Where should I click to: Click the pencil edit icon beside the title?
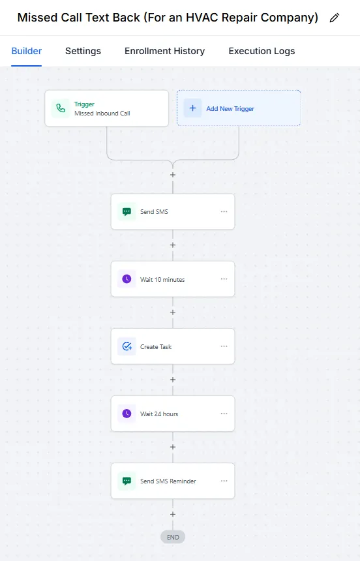[334, 18]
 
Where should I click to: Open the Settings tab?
[83, 51]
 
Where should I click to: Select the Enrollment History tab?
[164, 51]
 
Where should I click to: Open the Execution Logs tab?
[262, 51]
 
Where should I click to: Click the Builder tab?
[27, 51]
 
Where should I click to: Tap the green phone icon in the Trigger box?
[61, 108]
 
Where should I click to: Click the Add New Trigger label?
[230, 109]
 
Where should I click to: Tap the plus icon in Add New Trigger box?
[192, 108]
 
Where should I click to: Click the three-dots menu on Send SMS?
[224, 211]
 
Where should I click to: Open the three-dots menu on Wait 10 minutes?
[224, 279]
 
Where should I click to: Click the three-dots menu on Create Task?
[224, 346]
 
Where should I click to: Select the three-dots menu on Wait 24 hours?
[224, 413]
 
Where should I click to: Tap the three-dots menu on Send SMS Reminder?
[224, 481]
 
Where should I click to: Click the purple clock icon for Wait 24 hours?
[127, 414]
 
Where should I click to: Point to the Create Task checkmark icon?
[127, 346]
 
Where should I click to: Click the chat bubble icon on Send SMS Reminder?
[127, 481]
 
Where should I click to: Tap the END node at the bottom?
[173, 537]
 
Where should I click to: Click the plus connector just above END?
[173, 514]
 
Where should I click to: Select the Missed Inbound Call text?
[102, 113]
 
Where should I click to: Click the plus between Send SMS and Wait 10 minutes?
[173, 245]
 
